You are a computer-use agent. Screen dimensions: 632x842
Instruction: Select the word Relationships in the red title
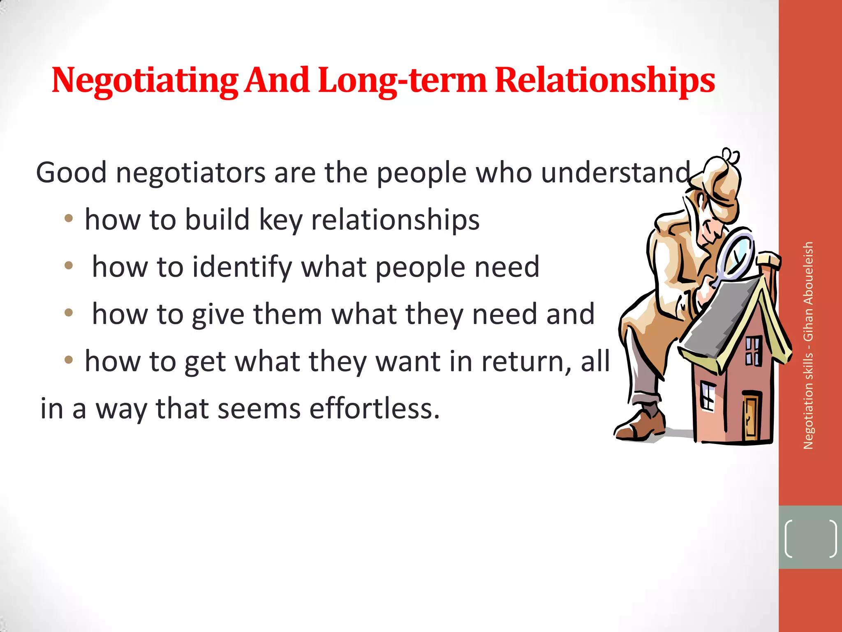605,81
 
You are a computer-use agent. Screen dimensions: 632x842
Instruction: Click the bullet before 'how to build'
69,218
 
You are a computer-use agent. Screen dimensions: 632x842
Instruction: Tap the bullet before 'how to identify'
69,266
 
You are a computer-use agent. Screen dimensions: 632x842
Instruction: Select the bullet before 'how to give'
69,313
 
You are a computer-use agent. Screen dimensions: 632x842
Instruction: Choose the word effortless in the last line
374,409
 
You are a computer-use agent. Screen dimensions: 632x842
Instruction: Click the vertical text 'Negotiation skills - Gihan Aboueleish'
808,346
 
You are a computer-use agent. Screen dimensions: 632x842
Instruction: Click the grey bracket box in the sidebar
810,537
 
